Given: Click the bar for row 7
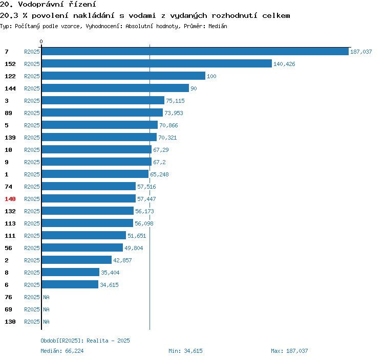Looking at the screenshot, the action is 195,51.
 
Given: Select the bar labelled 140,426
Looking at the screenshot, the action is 157,63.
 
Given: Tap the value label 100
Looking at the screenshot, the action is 211,76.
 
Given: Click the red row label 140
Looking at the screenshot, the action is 10,199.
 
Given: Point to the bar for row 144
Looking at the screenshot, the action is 115,88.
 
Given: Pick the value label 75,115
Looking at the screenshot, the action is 175,101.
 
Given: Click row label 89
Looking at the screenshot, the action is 8,113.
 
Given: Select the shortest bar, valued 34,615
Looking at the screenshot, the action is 70,284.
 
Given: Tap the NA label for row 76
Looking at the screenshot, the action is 46,297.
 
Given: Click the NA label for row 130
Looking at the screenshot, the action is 46,322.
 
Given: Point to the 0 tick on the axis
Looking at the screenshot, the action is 41,41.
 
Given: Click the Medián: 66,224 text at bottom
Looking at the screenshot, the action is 62,351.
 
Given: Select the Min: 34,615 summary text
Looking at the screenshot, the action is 185,351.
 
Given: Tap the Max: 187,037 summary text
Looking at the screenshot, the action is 289,351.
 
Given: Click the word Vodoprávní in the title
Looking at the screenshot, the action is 40,5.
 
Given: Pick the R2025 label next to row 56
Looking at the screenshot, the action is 32,248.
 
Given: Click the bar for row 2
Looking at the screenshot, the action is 77,260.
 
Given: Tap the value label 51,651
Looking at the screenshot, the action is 137,236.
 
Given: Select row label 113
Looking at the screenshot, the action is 10,223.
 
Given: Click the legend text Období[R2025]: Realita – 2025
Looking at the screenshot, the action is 85,341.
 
